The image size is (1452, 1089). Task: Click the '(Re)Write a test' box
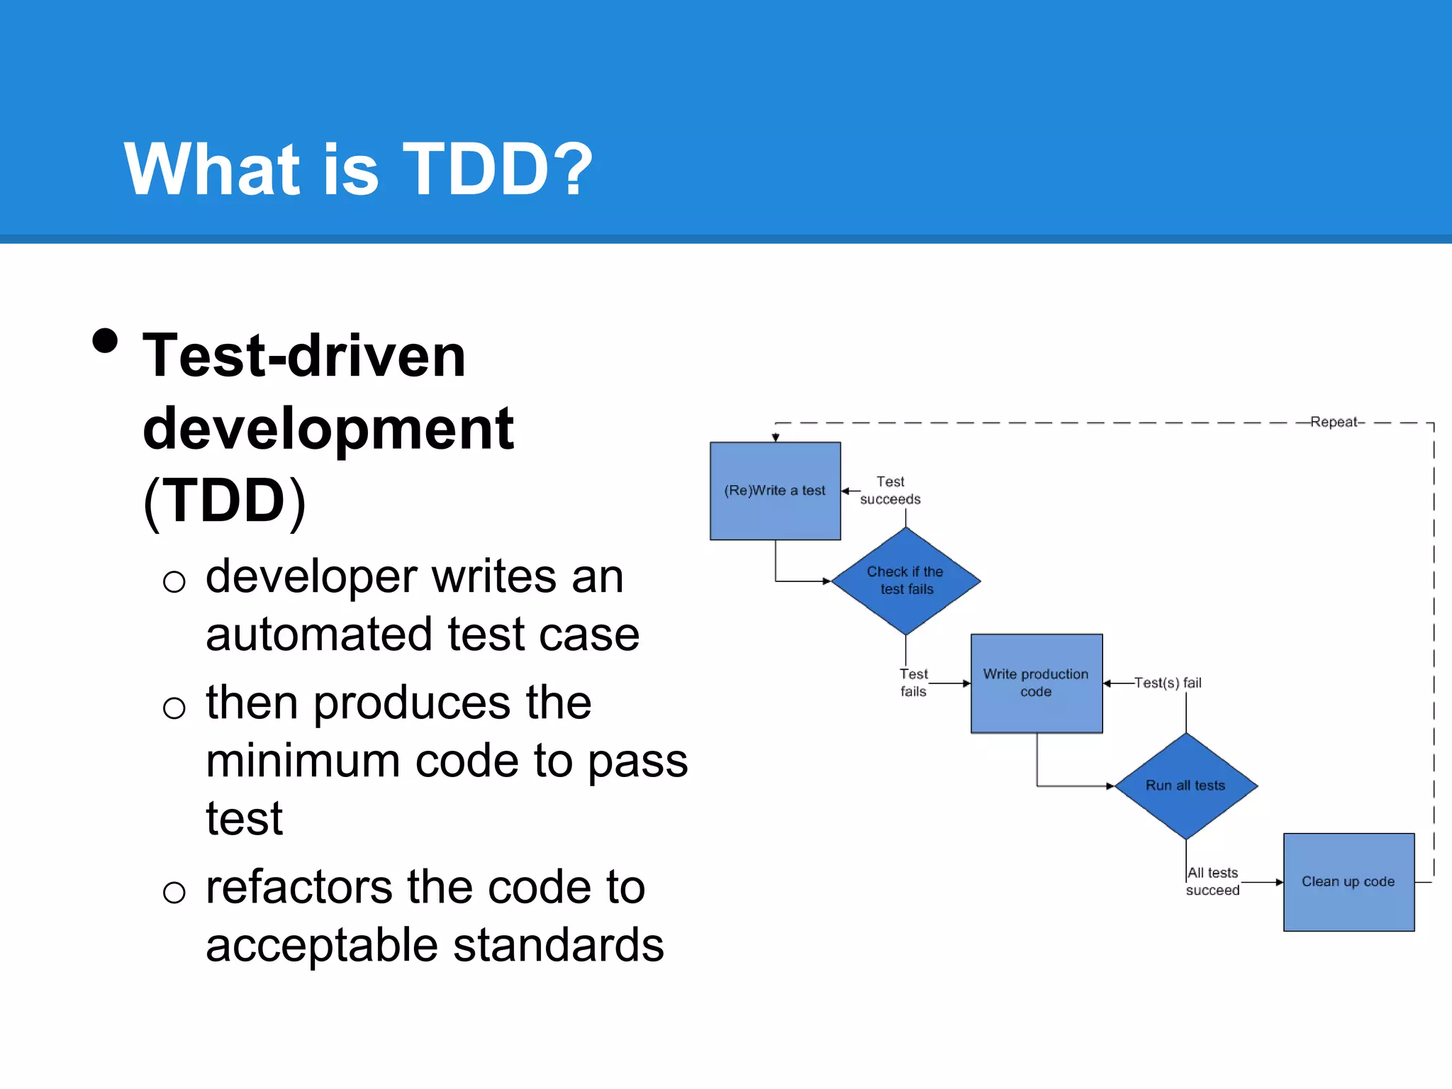tap(775, 491)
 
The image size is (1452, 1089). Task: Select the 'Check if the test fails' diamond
tap(905, 581)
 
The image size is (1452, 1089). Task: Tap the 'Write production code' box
tap(1036, 683)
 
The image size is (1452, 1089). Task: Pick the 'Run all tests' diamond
tap(1185, 786)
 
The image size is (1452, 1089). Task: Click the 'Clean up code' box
tap(1348, 881)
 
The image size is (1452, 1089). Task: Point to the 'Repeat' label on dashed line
tap(1333, 422)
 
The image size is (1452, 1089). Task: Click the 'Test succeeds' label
tap(890, 491)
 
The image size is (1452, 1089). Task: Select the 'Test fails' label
tap(913, 683)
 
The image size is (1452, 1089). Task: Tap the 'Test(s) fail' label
tap(1168, 683)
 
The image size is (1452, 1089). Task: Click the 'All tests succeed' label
tap(1212, 881)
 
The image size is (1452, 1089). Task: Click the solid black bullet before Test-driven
tap(105, 341)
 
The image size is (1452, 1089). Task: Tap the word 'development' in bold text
tap(328, 429)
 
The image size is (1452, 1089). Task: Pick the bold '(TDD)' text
tap(225, 501)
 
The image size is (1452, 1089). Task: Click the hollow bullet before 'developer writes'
tap(174, 582)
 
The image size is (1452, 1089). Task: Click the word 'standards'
tap(558, 945)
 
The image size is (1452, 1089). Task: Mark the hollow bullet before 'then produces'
tap(174, 708)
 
